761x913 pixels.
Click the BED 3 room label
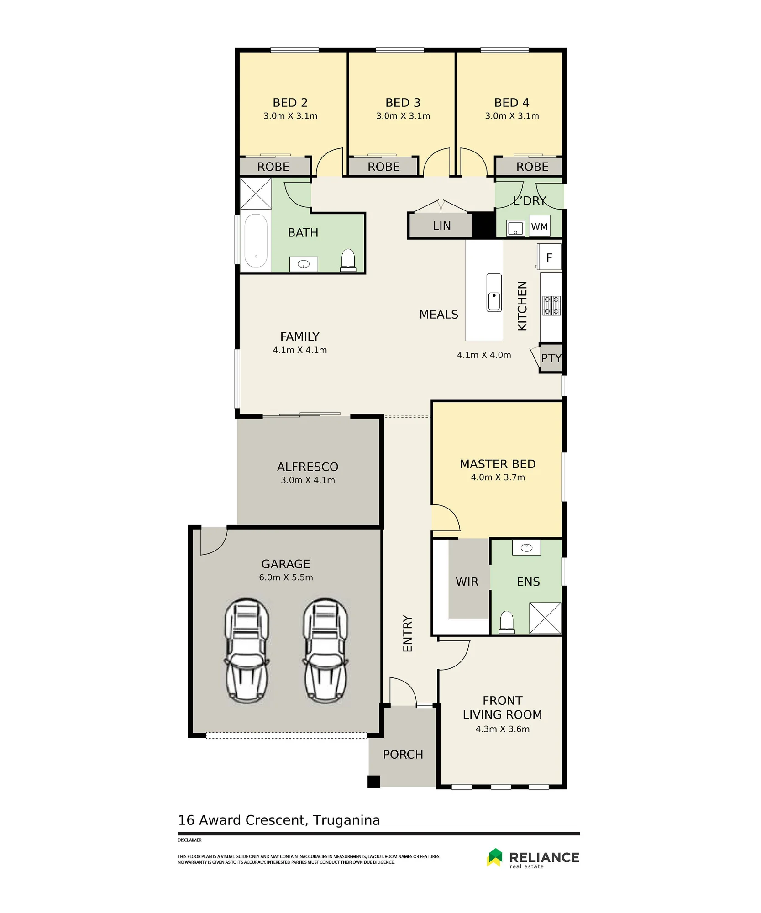[403, 103]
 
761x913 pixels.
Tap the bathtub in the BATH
[256, 241]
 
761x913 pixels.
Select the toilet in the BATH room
[348, 260]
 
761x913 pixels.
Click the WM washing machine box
[539, 226]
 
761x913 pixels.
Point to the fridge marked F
[549, 257]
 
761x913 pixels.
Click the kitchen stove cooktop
[551, 305]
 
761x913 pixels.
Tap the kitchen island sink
[494, 293]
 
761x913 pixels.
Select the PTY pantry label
[551, 358]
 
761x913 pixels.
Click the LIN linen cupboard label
[441, 226]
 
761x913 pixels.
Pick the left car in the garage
[247, 651]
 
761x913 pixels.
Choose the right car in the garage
[325, 651]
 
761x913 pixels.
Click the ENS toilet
[507, 623]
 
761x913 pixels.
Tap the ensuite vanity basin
[526, 548]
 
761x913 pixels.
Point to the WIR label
[467, 582]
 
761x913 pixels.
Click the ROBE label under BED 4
[532, 167]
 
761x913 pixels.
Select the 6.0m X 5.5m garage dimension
[286, 577]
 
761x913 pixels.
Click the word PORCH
[403, 755]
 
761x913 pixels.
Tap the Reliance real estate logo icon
[494, 857]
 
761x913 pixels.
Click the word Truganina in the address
[346, 820]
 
